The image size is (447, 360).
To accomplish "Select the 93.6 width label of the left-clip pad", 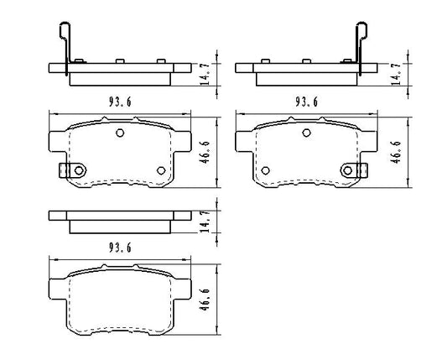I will pyautogui.click(x=117, y=102).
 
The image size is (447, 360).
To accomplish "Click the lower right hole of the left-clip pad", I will pyautogui.click(x=161, y=170).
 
